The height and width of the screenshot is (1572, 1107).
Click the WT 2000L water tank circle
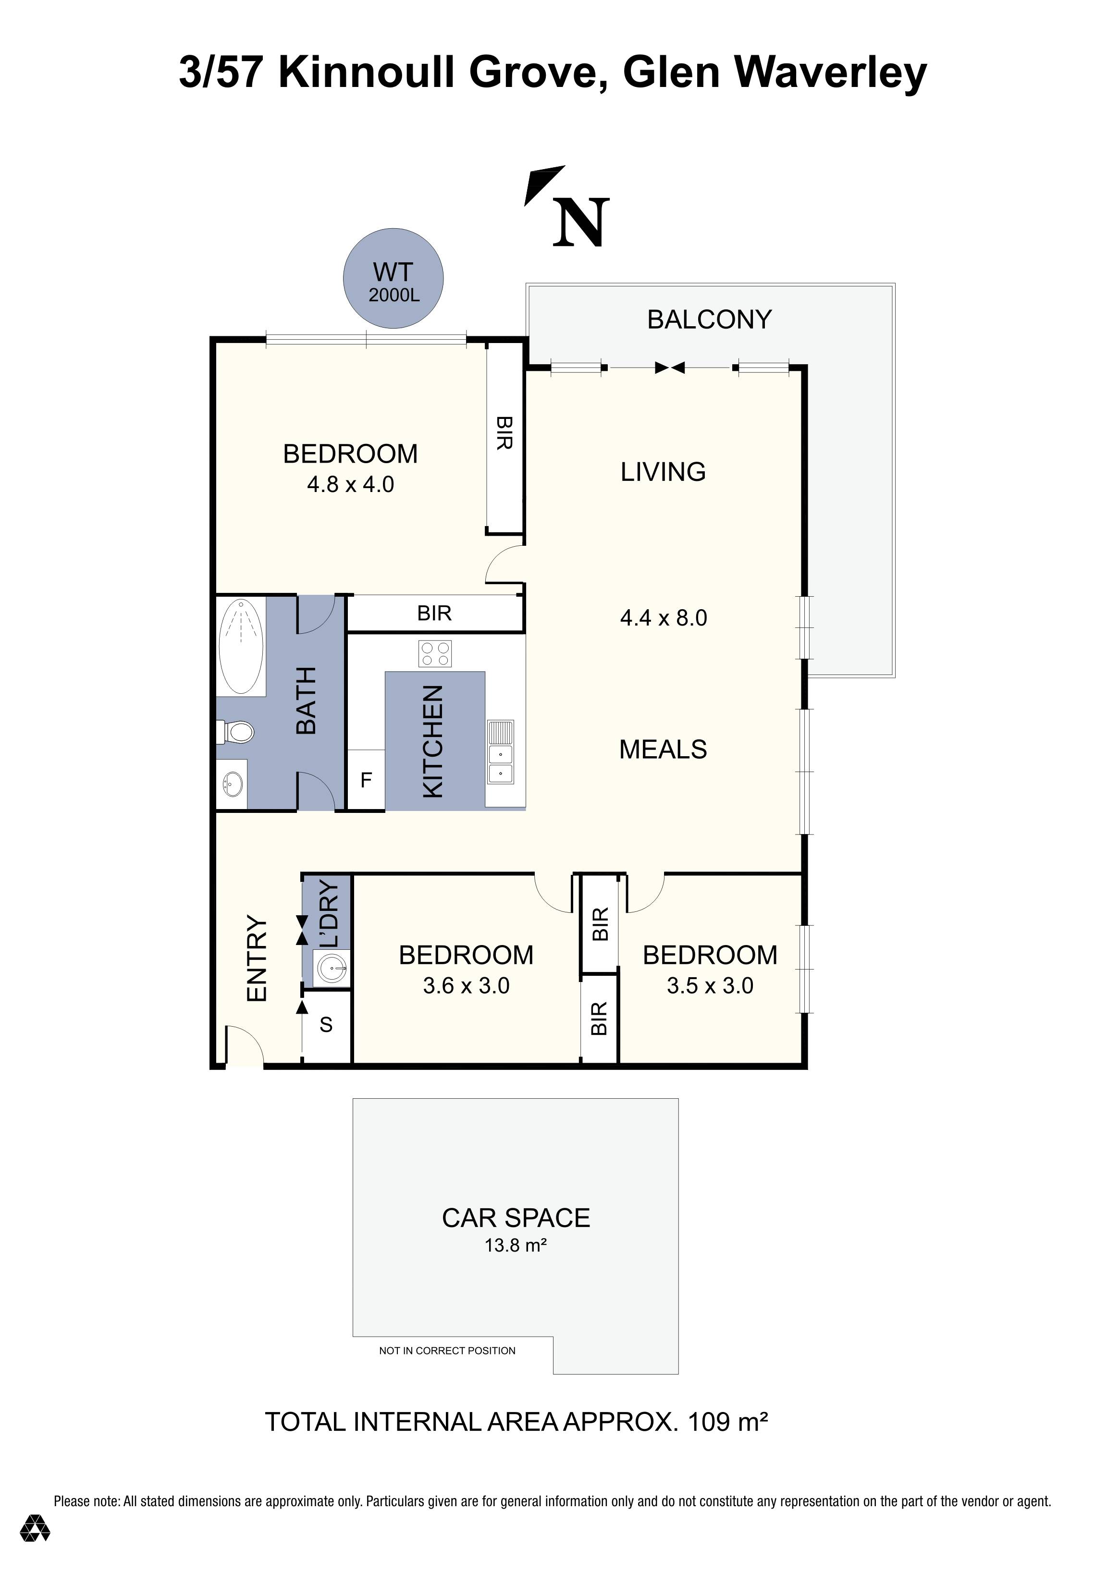(393, 279)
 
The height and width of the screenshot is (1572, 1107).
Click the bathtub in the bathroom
(241, 646)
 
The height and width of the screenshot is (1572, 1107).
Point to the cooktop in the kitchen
(435, 653)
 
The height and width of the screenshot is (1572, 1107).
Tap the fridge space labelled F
(366, 780)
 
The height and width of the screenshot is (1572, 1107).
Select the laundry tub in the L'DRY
(332, 969)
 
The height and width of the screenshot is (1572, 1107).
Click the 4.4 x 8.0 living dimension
(664, 618)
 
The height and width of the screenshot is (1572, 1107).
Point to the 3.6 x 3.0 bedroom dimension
(466, 986)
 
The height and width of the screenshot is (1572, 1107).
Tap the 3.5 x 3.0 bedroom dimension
(710, 986)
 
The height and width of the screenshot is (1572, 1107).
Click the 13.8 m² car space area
(516, 1245)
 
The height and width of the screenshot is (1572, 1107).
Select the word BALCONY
(709, 320)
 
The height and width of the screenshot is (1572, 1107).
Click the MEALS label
(663, 749)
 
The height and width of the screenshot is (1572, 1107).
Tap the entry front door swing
(243, 1046)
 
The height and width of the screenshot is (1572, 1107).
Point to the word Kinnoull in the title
(366, 73)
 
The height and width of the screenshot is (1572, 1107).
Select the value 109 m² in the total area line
(728, 1422)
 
